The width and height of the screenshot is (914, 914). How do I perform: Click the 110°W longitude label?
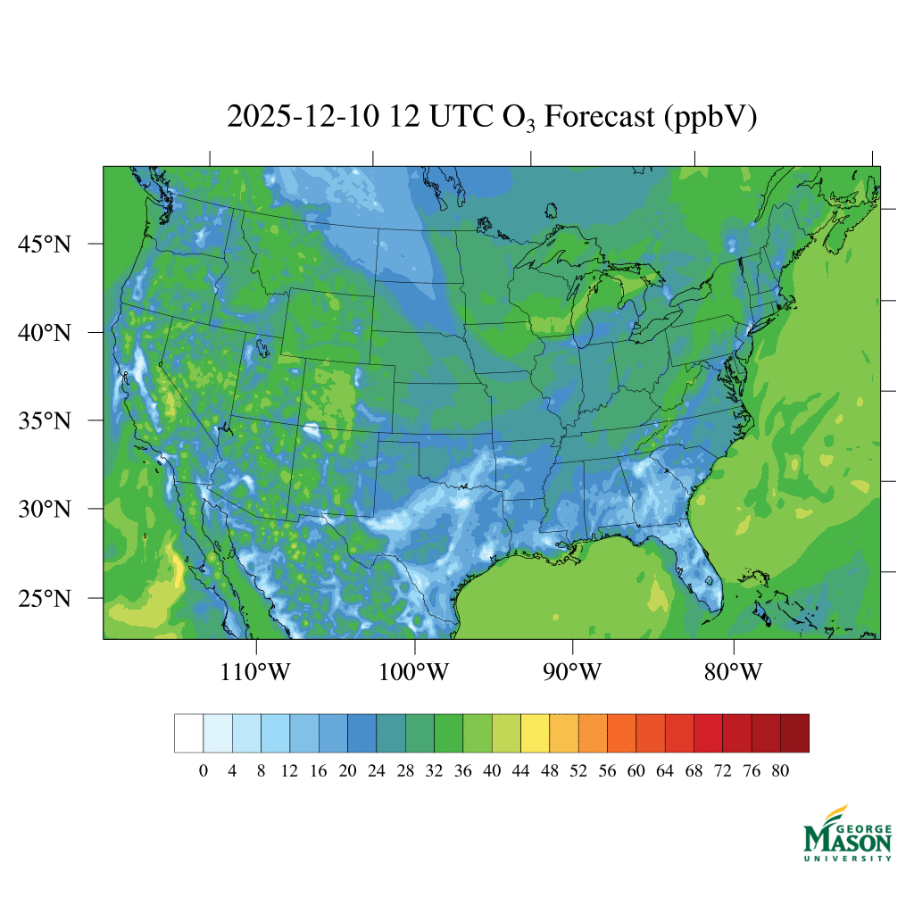point(255,671)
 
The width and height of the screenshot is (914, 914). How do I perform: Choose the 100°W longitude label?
point(415,671)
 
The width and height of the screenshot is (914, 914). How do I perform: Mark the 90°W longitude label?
point(573,671)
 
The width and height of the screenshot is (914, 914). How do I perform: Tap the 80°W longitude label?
point(733,671)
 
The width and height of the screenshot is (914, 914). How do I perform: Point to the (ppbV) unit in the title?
point(710,118)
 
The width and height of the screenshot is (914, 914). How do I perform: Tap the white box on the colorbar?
point(188,733)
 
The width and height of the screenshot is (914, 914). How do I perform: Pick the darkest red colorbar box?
point(794,733)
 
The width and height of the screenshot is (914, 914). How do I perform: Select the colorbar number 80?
point(780,772)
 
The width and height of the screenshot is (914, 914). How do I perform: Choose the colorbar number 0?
point(204,772)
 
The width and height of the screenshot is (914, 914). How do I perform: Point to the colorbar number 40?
point(492,772)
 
